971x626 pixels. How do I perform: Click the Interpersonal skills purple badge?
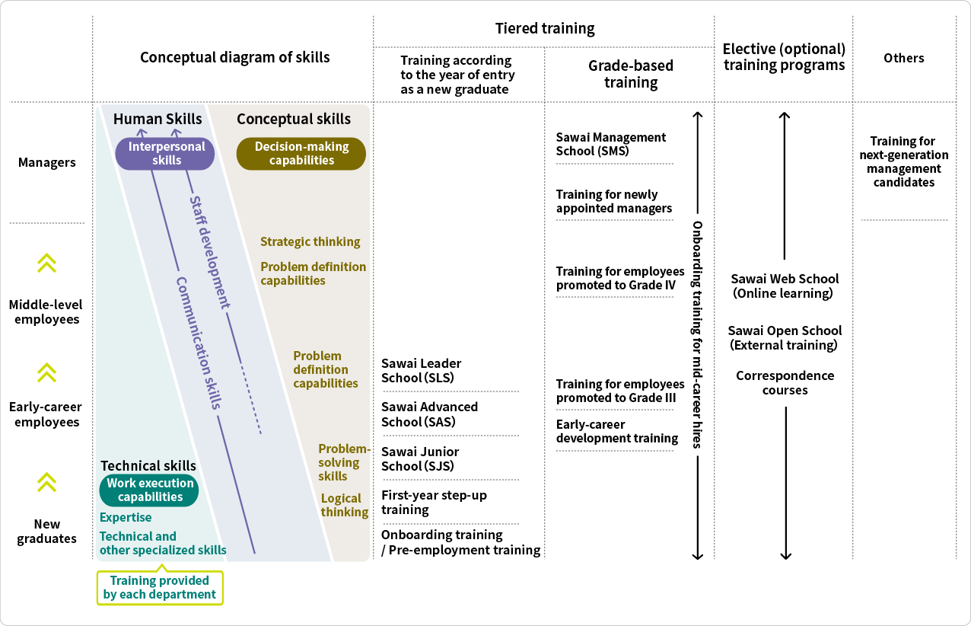pos(165,153)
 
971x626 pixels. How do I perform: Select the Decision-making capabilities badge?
pos(301,153)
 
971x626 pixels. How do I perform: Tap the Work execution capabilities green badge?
pos(149,490)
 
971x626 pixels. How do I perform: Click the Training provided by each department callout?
pos(160,587)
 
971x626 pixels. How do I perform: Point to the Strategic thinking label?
pos(310,241)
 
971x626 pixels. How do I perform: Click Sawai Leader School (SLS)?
pos(421,370)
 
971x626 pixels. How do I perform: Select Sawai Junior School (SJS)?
pos(420,458)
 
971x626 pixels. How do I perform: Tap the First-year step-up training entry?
pos(434,502)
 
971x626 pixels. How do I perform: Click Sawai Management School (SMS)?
pos(610,144)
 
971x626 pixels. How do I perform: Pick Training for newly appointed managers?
pos(613,201)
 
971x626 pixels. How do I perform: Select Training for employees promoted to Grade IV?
pos(619,278)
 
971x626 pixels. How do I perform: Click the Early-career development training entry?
pos(616,431)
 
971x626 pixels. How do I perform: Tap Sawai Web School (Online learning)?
pos(785,286)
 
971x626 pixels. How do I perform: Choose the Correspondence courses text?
pos(785,382)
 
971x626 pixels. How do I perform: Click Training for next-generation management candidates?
pos(903,161)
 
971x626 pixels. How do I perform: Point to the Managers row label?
pos(47,162)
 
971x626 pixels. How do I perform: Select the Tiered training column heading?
pos(545,29)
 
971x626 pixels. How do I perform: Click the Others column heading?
pos(904,58)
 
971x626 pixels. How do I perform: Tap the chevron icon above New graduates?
pos(47,482)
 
